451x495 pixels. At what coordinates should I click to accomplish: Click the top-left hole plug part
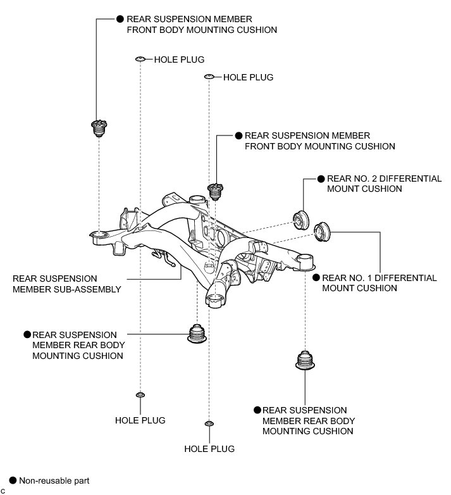pos(140,60)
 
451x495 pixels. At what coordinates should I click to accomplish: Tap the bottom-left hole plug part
pos(140,396)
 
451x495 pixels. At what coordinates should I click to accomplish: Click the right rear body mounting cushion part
pos(306,361)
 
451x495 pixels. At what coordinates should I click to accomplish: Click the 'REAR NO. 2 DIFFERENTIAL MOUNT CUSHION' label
pos(383,184)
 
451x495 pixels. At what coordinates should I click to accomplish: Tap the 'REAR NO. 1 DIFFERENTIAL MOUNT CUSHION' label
pos(379,282)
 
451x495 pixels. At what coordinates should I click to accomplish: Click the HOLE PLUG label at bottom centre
pos(209,449)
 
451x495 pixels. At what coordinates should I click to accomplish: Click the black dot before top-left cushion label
pos(121,20)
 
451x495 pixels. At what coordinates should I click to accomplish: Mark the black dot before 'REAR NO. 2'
pos(321,179)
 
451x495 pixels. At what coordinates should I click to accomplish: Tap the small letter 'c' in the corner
pos(3,491)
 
